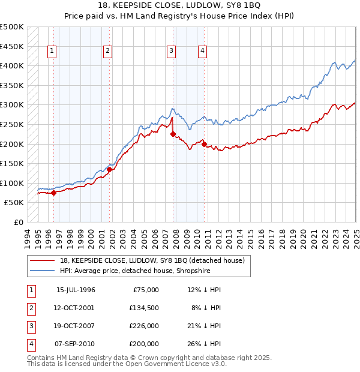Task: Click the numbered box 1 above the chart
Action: point(52,51)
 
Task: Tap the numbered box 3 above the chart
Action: point(171,51)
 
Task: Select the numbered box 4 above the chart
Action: point(203,51)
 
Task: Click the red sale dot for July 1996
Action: point(54,193)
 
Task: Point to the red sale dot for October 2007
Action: point(172,134)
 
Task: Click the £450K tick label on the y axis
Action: point(12,46)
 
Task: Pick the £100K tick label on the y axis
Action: point(12,183)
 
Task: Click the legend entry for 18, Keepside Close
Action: point(152,261)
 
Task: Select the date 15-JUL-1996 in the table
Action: point(76,290)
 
